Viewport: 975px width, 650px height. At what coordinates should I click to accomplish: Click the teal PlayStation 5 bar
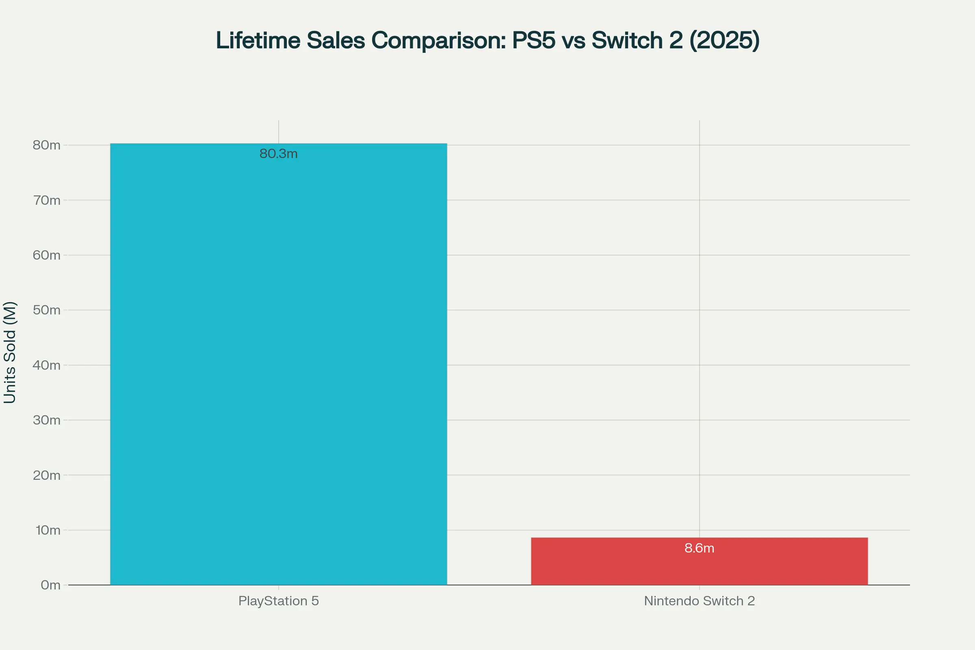(x=279, y=365)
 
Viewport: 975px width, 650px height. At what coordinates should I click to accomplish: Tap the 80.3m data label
(x=279, y=154)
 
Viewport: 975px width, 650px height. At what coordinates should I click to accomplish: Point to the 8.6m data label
(x=699, y=548)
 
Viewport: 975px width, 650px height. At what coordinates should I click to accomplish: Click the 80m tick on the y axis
(x=46, y=145)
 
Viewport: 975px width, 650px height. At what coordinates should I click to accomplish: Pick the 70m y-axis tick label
(x=46, y=200)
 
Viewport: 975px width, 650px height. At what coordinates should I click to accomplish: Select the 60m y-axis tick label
(x=46, y=255)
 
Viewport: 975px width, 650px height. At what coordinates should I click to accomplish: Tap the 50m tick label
(x=46, y=310)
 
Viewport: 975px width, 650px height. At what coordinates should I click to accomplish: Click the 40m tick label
(x=46, y=365)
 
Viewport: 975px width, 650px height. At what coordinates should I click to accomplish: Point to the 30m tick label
(x=46, y=420)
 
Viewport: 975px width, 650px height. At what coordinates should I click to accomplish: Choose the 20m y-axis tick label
(x=46, y=475)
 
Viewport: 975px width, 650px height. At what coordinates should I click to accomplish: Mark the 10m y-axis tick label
(x=48, y=530)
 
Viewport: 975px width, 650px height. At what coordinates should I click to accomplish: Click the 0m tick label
(x=50, y=585)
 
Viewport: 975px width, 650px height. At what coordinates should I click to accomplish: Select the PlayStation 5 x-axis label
(x=279, y=601)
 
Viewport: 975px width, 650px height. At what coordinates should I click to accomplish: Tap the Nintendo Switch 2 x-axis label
(x=699, y=601)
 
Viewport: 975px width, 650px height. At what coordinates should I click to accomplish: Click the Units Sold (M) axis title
(x=9, y=352)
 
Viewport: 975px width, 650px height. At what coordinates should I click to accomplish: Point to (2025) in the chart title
(x=724, y=41)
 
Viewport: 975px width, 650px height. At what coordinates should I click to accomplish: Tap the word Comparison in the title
(x=439, y=41)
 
